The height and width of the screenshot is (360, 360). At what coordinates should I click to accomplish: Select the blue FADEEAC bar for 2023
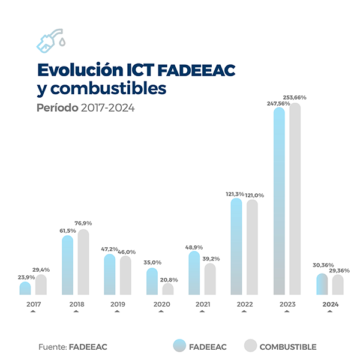279,201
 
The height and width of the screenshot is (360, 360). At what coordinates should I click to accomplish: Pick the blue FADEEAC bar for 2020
152,281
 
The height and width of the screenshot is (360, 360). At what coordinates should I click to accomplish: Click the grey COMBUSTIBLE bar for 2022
253,247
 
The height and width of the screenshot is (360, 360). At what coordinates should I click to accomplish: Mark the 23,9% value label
24,277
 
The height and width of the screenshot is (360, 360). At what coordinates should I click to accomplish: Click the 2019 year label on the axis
118,305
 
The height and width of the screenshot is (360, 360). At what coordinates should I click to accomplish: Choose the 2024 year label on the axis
330,305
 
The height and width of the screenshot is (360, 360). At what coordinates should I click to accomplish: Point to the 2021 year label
203,305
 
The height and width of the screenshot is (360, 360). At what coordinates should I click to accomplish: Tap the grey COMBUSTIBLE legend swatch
251,346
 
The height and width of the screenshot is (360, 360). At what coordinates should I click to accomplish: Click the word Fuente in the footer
52,347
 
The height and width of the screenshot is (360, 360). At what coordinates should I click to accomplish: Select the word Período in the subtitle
56,108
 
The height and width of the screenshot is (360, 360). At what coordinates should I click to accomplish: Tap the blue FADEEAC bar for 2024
322,284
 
